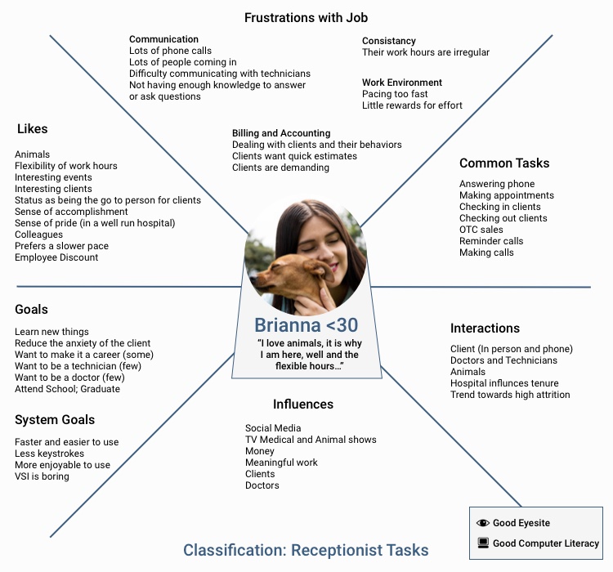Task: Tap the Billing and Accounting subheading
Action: [x=281, y=133]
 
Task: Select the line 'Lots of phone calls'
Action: [x=170, y=51]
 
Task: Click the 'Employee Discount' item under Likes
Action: [x=56, y=257]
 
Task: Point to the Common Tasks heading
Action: [x=504, y=163]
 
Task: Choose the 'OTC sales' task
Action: [x=481, y=230]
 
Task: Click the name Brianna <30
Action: [x=306, y=324]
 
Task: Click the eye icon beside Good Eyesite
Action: [x=483, y=523]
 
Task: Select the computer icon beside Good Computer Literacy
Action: [x=483, y=543]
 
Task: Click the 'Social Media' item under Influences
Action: [x=273, y=428]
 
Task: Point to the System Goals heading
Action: [x=55, y=420]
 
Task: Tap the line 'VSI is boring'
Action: [x=42, y=476]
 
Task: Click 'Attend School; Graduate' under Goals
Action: [x=67, y=389]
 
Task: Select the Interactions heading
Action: [x=485, y=328]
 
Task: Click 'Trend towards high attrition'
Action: [x=510, y=395]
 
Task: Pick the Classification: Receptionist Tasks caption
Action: [x=306, y=550]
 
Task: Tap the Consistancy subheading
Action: [x=389, y=41]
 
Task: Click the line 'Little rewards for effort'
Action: [x=412, y=105]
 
